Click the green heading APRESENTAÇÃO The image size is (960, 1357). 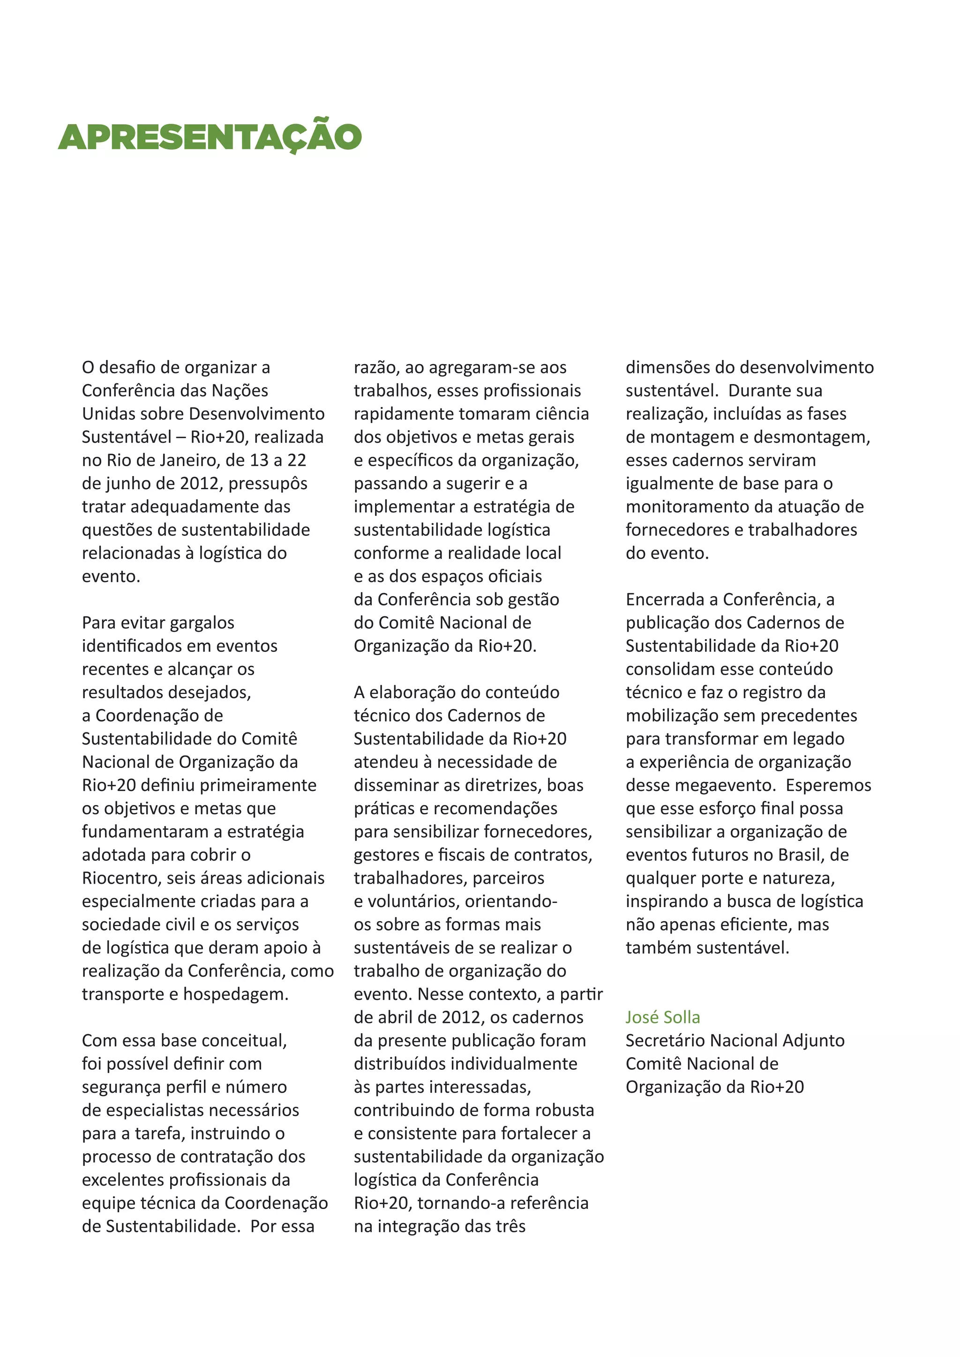coord(210,137)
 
